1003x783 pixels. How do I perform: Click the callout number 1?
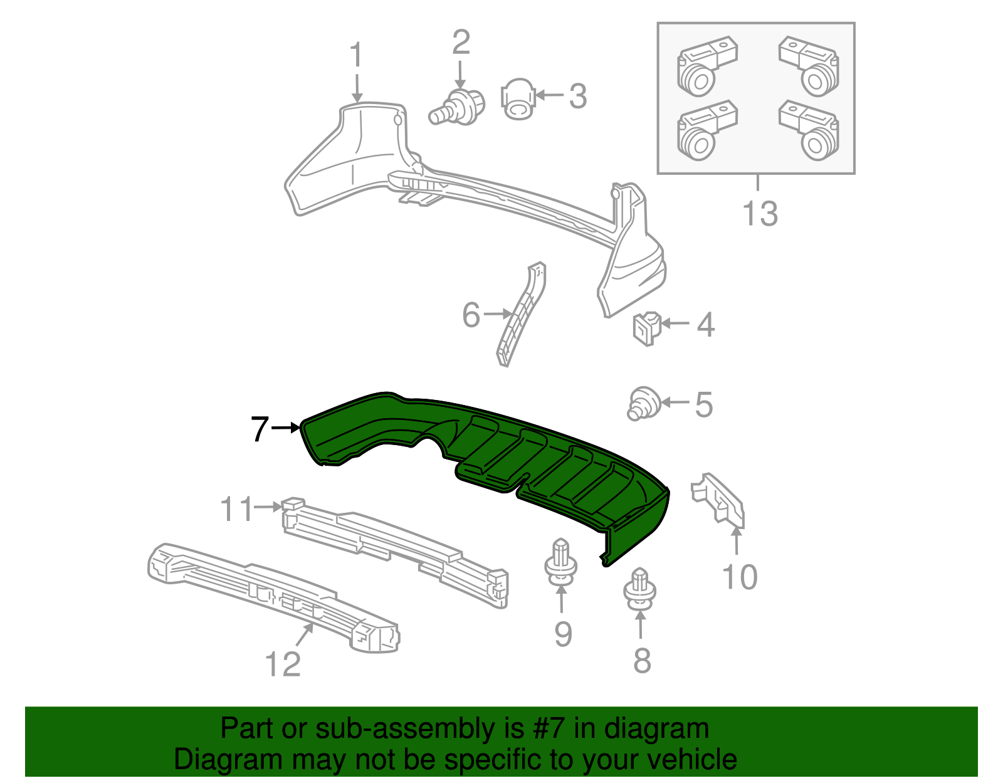[x=356, y=55]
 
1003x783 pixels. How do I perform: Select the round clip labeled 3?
[x=518, y=99]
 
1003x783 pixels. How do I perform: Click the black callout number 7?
[x=259, y=429]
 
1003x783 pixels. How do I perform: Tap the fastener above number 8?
[x=640, y=589]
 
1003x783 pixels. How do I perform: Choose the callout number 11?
[x=236, y=508]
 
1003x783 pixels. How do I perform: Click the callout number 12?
[x=283, y=664]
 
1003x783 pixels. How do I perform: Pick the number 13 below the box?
[x=759, y=213]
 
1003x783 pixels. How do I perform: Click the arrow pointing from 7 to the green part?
[x=287, y=428]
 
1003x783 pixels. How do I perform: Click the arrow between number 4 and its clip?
[x=675, y=323]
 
